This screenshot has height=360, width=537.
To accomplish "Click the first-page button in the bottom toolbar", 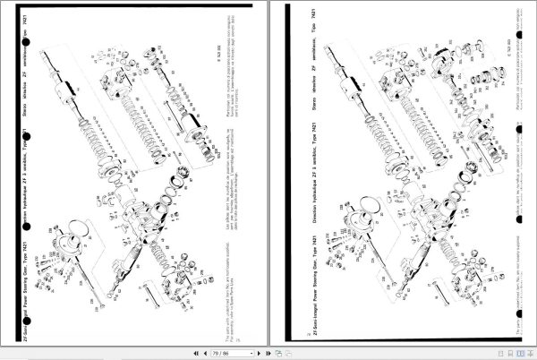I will pos(194,353).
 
